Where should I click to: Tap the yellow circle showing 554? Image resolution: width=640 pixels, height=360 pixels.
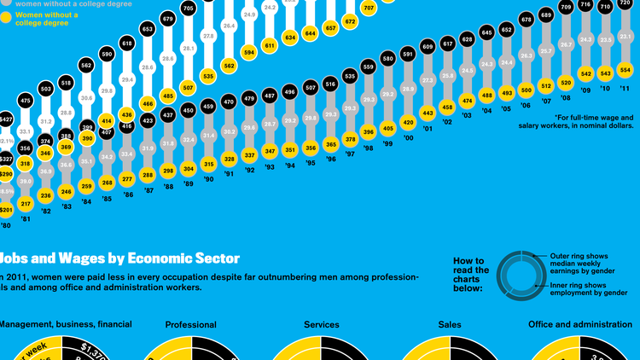pos(625,69)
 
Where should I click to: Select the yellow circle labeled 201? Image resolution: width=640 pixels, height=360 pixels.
pos(5,211)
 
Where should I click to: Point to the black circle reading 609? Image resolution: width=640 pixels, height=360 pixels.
pos(428,47)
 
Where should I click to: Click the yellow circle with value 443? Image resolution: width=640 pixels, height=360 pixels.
pos(428,113)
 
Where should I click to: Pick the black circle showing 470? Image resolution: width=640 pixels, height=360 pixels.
pos(229,102)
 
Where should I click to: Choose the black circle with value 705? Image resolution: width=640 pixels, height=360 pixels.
pos(189,9)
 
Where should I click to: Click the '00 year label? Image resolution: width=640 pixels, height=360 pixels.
pos(409,137)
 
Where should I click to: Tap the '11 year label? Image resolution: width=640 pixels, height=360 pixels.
pos(625,88)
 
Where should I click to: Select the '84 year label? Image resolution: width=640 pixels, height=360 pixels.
pos(84,201)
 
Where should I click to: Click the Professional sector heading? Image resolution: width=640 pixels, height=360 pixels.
pos(190,325)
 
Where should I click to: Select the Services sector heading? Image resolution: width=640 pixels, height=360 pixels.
pos(322,325)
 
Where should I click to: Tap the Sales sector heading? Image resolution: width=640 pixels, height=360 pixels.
pos(449,325)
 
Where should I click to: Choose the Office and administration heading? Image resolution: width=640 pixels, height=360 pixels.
pos(580,325)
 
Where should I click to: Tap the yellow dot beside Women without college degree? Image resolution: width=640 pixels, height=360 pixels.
pos(7,15)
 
